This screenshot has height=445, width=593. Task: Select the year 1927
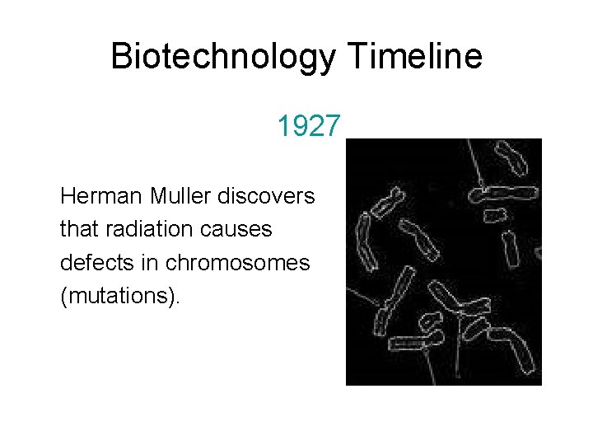pyautogui.click(x=308, y=127)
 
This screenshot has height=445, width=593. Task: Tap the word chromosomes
pyautogui.click(x=237, y=262)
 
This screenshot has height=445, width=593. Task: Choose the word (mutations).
pyautogui.click(x=119, y=295)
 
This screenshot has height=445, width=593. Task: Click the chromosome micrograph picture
pyautogui.click(x=443, y=262)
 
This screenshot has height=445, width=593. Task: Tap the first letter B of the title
pyautogui.click(x=120, y=57)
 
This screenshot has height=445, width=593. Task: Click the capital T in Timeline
pyautogui.click(x=357, y=57)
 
